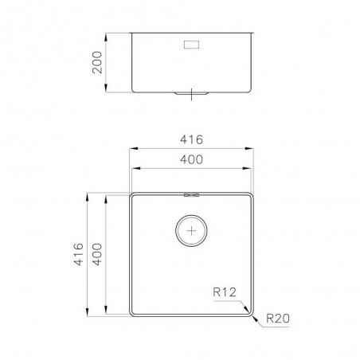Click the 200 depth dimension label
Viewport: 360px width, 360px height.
click(97, 62)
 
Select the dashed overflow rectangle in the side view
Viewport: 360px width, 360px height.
click(191, 45)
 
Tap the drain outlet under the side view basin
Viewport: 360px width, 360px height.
click(191, 93)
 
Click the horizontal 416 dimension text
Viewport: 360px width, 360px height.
click(191, 139)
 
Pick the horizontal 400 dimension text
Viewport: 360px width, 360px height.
click(191, 159)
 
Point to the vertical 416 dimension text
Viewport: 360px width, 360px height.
click(79, 254)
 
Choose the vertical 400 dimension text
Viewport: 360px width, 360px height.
click(97, 254)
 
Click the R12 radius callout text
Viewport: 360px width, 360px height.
click(225, 292)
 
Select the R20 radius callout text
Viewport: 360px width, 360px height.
click(278, 319)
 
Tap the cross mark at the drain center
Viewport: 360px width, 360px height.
click(191, 231)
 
